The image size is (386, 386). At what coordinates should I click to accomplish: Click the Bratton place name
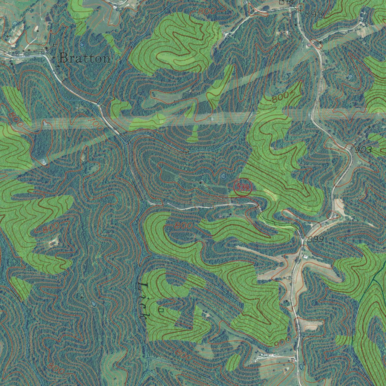tap(85, 58)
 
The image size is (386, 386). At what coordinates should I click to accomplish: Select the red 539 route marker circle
tap(243, 187)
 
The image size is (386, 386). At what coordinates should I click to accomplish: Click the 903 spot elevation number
tap(363, 150)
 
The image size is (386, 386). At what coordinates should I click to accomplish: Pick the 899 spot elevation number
tap(316, 239)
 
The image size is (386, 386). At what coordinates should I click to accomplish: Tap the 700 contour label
tap(96, 125)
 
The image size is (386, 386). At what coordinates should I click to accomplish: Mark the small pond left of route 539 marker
tap(223, 176)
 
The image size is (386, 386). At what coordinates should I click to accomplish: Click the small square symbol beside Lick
tap(161, 310)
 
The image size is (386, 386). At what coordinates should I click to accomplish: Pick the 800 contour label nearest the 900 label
tap(183, 355)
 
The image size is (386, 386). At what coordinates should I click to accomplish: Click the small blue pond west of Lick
tap(93, 303)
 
